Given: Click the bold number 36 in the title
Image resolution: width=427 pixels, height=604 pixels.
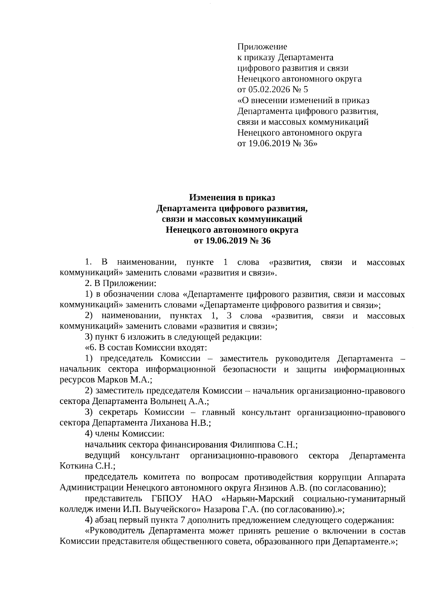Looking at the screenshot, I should (266, 241).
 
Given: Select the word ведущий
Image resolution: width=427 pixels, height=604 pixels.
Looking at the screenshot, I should (102, 456).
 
